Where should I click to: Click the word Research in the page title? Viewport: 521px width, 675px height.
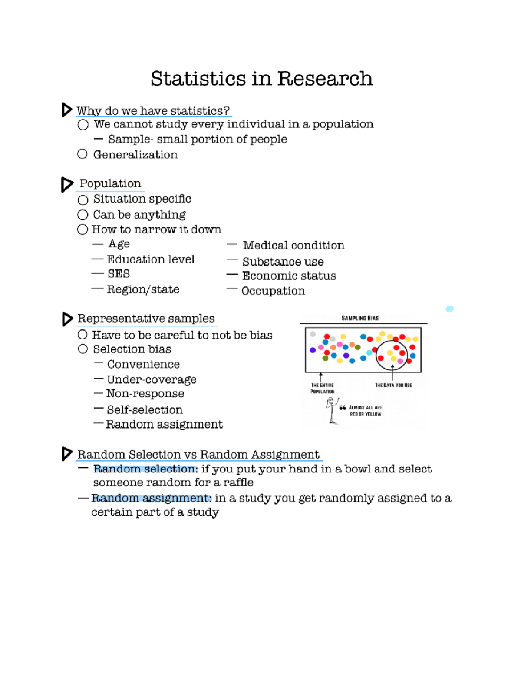(x=325, y=79)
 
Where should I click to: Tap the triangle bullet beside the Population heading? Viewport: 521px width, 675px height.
(x=67, y=184)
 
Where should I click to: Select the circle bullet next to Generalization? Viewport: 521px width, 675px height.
(x=82, y=154)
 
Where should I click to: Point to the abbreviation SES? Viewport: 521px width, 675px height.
(x=119, y=274)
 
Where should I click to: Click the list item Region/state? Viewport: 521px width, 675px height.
(x=143, y=289)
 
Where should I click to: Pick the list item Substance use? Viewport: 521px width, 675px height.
(x=283, y=262)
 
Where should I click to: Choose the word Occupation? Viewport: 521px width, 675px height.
(x=273, y=291)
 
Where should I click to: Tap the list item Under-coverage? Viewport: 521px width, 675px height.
(x=152, y=380)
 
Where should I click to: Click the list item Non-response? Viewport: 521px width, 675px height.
(x=145, y=394)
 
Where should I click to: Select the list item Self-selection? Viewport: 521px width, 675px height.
(x=145, y=410)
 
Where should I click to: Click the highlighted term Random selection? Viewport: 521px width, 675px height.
(x=145, y=469)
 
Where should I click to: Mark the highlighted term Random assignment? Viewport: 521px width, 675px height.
(x=151, y=498)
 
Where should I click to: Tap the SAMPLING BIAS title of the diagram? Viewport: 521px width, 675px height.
(x=360, y=318)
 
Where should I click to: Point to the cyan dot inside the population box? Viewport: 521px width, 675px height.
(x=369, y=353)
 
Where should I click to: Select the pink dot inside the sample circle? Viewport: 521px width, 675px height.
(x=400, y=361)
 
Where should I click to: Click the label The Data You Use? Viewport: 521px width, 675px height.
(x=393, y=385)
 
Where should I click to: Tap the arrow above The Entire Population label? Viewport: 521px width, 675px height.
(x=321, y=376)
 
